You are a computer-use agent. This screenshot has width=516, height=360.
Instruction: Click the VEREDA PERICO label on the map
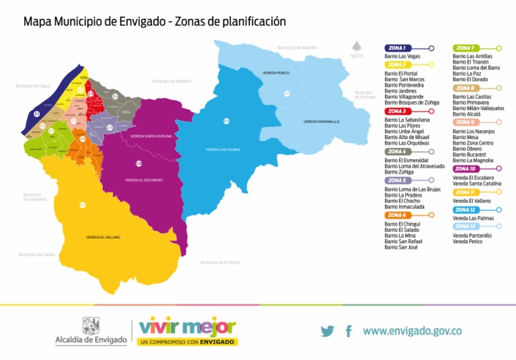[x=276, y=73]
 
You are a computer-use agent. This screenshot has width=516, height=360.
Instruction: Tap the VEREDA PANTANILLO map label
[x=321, y=122]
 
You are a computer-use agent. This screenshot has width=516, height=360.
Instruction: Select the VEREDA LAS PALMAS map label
[x=222, y=149]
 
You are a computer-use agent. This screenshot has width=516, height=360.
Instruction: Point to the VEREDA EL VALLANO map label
[x=103, y=237]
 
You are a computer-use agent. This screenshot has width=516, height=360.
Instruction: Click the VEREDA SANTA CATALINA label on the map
[x=151, y=136]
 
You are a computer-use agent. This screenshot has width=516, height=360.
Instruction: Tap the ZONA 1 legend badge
[x=397, y=48]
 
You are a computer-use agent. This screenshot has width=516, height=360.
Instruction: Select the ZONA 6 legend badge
[x=397, y=215]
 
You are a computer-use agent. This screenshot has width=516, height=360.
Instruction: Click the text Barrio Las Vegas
[x=402, y=56]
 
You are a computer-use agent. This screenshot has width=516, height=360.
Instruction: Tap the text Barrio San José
[x=401, y=247]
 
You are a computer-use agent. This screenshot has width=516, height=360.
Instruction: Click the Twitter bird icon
[x=327, y=331]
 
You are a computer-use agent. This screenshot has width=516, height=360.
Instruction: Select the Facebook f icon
[x=349, y=331]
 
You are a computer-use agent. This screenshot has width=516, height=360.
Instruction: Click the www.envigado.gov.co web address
[x=412, y=331]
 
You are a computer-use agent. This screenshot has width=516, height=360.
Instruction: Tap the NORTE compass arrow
[x=357, y=46]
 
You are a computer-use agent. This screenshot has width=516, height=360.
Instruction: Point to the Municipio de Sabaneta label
[x=35, y=197]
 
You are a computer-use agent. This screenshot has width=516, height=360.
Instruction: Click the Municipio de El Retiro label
[x=220, y=262]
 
